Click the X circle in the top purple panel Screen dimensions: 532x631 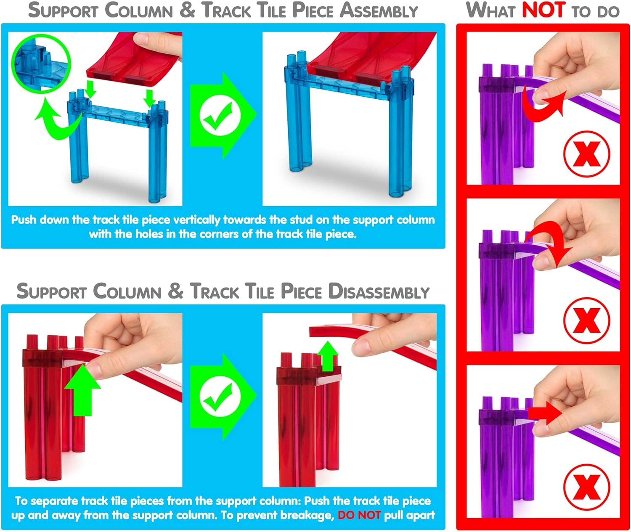tap(586, 154)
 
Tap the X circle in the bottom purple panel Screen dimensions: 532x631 tap(586, 487)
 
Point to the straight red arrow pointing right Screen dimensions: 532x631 tap(546, 413)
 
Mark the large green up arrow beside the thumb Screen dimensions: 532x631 tap(82, 391)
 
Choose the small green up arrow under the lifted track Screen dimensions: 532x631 tap(328, 356)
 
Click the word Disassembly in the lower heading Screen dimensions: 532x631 tap(379, 291)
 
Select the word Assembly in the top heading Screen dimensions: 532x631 tap(379, 11)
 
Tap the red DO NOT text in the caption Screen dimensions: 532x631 tap(359, 515)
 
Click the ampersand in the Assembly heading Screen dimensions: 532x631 tap(187, 10)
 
